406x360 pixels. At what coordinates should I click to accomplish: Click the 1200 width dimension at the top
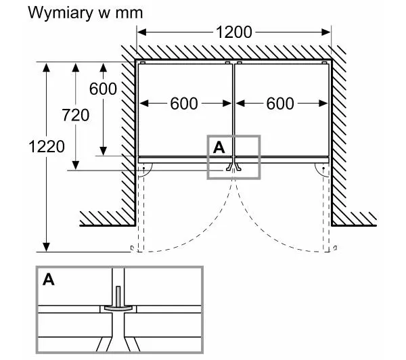point(233,32)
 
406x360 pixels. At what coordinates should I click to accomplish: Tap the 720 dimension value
point(75,115)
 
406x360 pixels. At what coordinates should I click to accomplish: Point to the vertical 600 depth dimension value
point(103,89)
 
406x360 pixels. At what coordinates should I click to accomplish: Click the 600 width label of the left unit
point(185,104)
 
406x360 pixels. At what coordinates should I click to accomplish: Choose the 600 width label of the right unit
point(281,104)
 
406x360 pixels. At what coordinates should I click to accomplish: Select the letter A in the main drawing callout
point(219,146)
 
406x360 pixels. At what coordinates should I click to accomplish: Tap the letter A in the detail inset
point(49,279)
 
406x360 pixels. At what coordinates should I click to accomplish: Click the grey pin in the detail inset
point(119,297)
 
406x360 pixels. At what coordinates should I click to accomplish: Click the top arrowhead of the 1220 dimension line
point(47,66)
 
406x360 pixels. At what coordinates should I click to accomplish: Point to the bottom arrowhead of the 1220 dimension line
point(47,246)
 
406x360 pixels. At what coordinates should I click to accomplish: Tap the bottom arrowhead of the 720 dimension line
point(75,166)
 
